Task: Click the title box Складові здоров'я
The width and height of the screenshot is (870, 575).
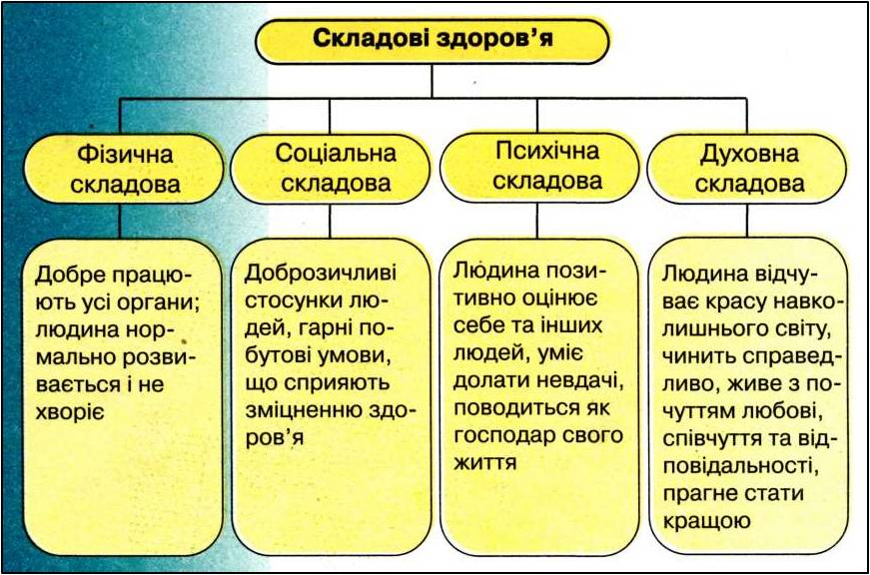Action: (433, 40)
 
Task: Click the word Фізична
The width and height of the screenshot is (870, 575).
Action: (125, 156)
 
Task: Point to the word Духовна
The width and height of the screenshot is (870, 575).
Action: (750, 155)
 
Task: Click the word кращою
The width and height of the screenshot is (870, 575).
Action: (701, 520)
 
